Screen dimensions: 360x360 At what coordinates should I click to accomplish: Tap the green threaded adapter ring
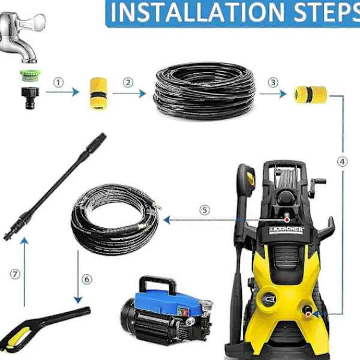[29, 76]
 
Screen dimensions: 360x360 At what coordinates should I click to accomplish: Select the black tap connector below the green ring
[30, 98]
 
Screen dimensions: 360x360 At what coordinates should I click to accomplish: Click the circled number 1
[58, 83]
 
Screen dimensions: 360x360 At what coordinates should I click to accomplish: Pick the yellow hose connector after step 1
[98, 94]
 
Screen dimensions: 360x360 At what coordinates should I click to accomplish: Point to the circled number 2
[128, 83]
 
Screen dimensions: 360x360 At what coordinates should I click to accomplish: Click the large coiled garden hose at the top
[205, 91]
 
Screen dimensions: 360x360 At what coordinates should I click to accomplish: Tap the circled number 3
[273, 82]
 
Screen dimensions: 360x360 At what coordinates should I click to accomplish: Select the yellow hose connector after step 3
[310, 94]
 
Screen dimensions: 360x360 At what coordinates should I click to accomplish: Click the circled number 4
[343, 162]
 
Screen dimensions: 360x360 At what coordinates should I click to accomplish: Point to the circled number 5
[205, 210]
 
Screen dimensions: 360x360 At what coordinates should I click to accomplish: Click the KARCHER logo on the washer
[287, 230]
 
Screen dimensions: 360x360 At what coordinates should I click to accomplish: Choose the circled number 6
[87, 280]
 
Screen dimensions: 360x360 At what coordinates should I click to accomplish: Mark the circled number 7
[15, 274]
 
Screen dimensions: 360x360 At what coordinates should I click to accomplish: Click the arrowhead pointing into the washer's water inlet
[316, 314]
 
